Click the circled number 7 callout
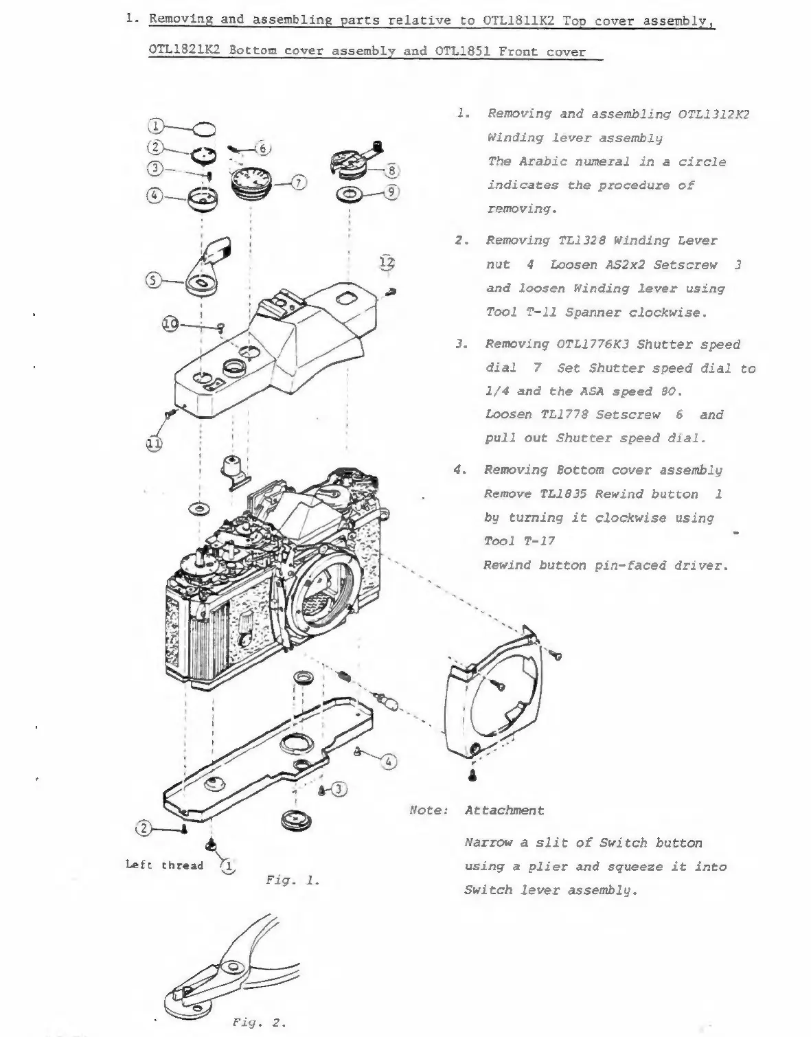(299, 182)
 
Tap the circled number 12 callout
(388, 262)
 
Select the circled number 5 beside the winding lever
(153, 280)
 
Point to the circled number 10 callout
(171, 323)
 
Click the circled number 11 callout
(154, 443)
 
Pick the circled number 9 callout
(391, 192)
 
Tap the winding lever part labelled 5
(207, 268)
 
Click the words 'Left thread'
(165, 865)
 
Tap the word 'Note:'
(429, 810)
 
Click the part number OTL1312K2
(714, 114)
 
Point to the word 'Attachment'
(504, 810)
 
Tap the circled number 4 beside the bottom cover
(388, 761)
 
